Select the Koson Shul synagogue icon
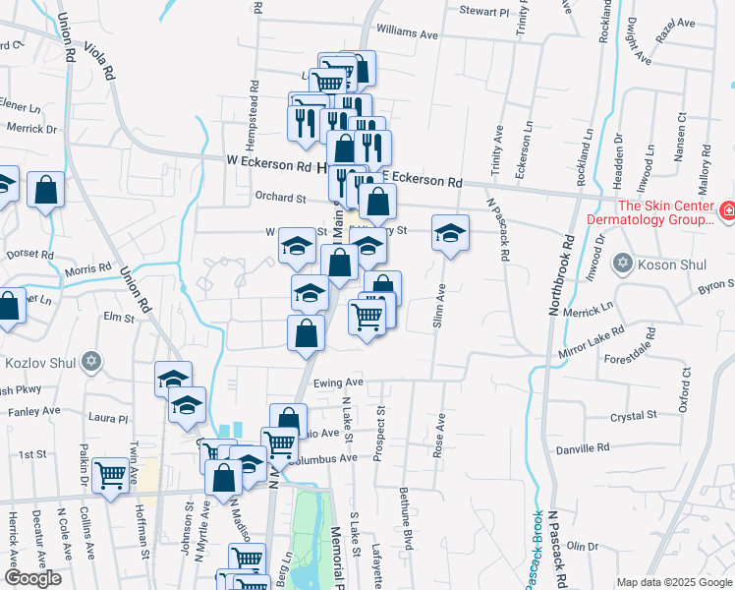[x=621, y=263]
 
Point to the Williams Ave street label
[x=406, y=33]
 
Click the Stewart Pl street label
[x=484, y=12]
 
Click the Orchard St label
[x=280, y=198]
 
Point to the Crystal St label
[x=633, y=416]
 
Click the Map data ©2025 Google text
[x=673, y=581]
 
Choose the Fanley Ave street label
[x=34, y=410]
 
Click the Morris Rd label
[x=88, y=268]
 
